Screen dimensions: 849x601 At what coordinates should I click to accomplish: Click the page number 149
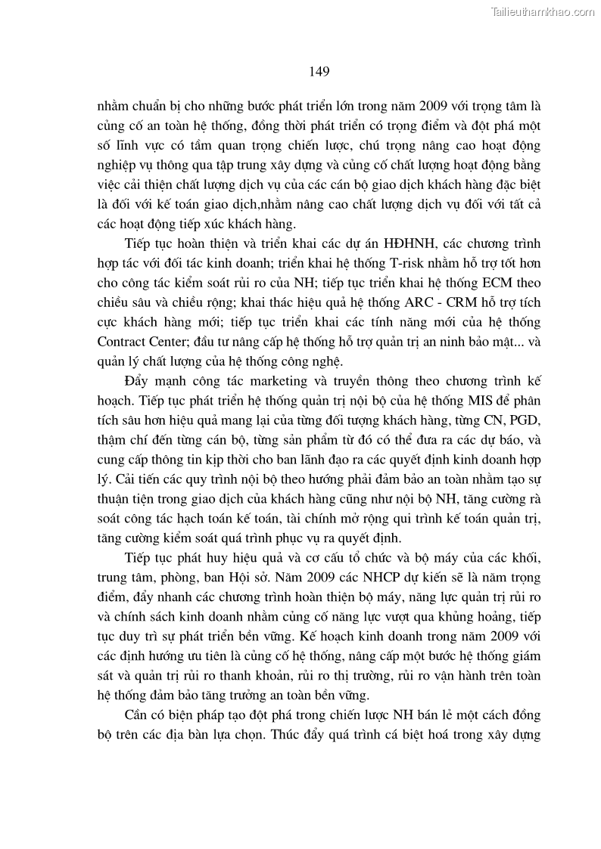point(319,72)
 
